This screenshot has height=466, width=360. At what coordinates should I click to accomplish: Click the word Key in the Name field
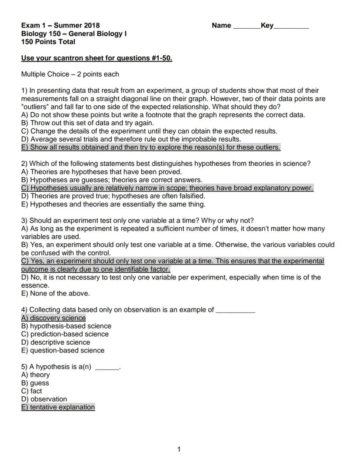[267, 26]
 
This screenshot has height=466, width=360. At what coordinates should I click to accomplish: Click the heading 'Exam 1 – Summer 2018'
[60, 26]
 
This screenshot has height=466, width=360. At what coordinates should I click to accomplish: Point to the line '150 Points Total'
[48, 42]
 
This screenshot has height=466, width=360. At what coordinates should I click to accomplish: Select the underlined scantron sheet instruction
[97, 58]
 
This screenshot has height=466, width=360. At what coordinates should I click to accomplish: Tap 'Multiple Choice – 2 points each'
[70, 74]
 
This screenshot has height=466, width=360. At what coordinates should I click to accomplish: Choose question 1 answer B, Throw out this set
[87, 123]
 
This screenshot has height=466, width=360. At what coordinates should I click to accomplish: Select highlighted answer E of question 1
[150, 147]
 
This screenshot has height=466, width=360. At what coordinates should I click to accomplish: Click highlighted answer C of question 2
[167, 188]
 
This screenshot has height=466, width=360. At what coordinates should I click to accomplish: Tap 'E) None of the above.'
[55, 293]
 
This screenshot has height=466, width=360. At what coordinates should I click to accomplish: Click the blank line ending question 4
[235, 310]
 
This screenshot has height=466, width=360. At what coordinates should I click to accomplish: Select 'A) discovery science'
[53, 318]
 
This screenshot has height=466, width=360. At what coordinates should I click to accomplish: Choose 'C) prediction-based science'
[65, 334]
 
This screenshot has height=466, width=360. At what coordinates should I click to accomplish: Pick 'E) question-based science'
[63, 350]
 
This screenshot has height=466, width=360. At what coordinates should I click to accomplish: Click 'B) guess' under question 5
[35, 383]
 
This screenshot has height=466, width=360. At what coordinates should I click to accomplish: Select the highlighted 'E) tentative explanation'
[58, 407]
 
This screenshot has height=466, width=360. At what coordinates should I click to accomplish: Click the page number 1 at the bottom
[179, 449]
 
